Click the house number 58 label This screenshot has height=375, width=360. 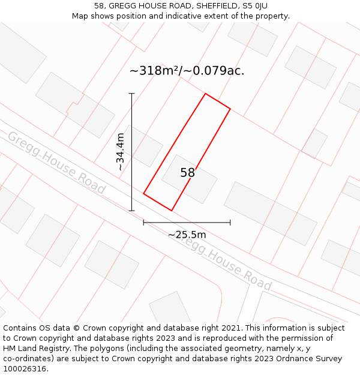click(x=187, y=173)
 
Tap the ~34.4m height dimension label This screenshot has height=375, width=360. click(x=121, y=152)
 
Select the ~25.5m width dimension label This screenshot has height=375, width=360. click(x=187, y=235)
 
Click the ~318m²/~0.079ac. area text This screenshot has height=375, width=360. click(x=187, y=71)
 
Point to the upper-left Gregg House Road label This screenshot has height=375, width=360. click(x=56, y=163)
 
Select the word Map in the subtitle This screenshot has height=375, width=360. click(x=81, y=16)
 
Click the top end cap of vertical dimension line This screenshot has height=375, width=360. click(x=132, y=94)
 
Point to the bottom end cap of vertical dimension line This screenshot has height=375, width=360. click(x=132, y=211)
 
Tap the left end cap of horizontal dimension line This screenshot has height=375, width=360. click(x=143, y=223)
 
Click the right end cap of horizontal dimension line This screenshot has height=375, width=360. click(x=230, y=223)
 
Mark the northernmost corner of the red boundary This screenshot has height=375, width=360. click(x=205, y=94)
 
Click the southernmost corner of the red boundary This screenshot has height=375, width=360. click(x=172, y=211)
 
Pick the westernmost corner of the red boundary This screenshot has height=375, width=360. click(x=143, y=194)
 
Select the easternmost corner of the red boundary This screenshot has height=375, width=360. click(x=230, y=109)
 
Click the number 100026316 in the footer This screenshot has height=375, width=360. click(x=25, y=369)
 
